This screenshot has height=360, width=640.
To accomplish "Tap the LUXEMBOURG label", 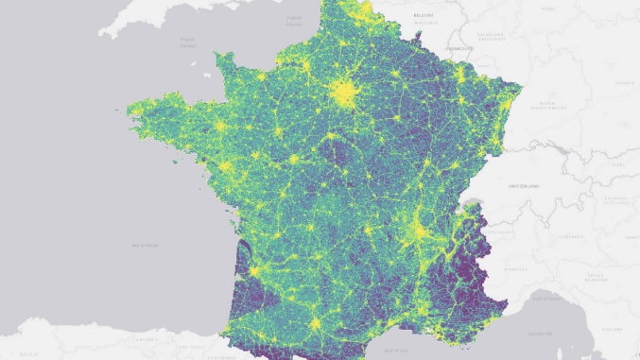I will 459,47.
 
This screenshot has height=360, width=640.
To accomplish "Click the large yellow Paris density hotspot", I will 344,93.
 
